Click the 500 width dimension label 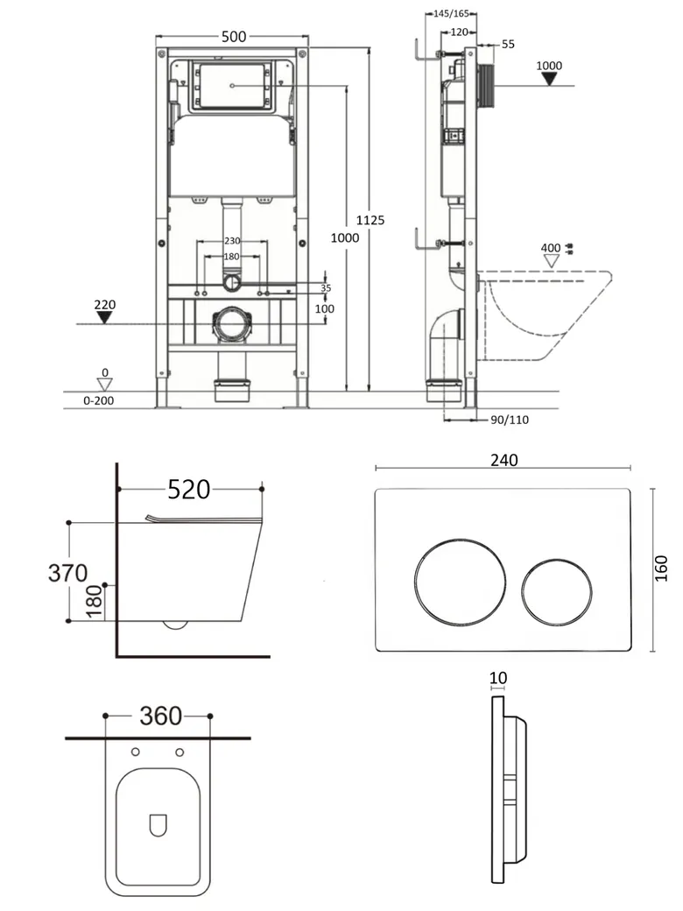[x=234, y=37]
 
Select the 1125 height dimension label [x=370, y=220]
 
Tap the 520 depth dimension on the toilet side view [x=189, y=489]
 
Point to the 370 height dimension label [x=68, y=573]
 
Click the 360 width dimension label [x=161, y=716]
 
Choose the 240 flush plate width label [x=503, y=460]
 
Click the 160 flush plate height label [x=661, y=568]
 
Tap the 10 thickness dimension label [x=498, y=678]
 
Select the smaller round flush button [x=556, y=592]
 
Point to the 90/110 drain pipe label [x=510, y=420]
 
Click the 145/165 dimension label [x=451, y=13]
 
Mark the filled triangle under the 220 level [x=104, y=317]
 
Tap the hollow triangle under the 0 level [x=104, y=385]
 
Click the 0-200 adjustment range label [x=99, y=401]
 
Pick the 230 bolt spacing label [x=232, y=241]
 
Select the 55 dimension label [x=508, y=44]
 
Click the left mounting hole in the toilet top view [x=136, y=752]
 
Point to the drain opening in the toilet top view [x=158, y=825]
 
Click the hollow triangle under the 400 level [x=551, y=261]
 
